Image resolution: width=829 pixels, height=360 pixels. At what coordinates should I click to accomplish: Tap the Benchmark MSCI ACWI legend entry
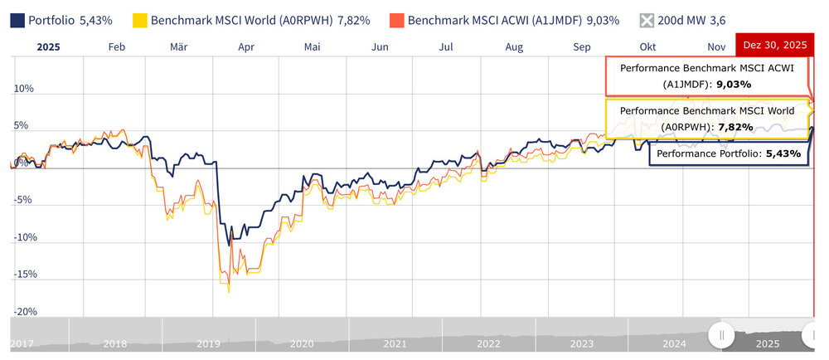pos(506,18)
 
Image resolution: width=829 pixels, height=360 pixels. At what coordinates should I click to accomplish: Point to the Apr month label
pos(245,47)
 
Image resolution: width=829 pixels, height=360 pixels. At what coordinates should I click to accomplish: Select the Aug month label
pos(514,47)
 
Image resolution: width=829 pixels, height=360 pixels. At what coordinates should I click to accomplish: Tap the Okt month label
pos(648,47)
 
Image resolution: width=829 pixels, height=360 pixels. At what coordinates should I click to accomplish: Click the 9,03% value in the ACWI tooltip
pos(734,84)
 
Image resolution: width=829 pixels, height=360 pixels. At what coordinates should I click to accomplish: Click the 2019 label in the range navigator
pos(207,343)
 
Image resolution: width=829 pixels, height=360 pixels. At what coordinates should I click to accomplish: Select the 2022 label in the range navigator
pos(487,343)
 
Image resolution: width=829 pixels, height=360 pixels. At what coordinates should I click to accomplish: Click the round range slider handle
pos(722,334)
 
